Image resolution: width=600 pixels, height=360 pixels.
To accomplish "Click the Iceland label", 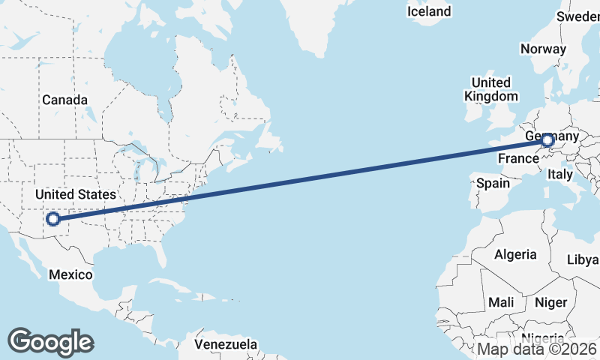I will [429, 11].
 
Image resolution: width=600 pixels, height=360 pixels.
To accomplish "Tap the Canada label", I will [64, 100].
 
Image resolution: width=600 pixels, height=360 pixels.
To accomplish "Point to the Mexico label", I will [70, 274].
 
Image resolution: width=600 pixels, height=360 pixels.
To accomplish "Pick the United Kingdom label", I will [491, 89].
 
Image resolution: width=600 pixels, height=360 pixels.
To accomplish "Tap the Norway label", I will [543, 49].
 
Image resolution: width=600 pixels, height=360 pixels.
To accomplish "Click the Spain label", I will [493, 182].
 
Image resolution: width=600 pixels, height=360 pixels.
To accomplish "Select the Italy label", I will [559, 174].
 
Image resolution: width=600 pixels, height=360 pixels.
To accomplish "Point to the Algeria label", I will [515, 254].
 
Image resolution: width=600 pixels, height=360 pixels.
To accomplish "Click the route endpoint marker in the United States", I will [53, 219].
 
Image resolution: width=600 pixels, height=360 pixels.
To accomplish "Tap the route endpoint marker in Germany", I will [547, 140].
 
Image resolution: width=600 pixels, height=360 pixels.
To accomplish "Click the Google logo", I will [50, 341].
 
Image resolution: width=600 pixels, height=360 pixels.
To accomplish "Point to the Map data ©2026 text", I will [537, 349].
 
